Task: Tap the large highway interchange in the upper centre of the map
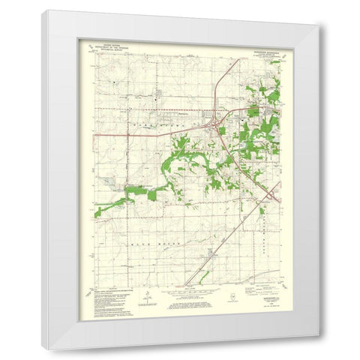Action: [215, 127]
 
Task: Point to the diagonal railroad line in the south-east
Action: [232, 232]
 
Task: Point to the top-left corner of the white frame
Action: [43, 11]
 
